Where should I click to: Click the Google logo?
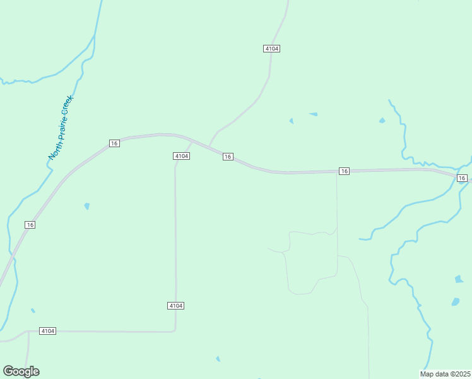pyautogui.click(x=21, y=371)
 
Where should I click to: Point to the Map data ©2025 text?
pyautogui.click(x=445, y=374)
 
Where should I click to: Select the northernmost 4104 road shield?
pyautogui.click(x=272, y=49)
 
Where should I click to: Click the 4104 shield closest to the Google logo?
pyautogui.click(x=47, y=331)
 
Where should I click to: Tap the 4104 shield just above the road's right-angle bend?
pyautogui.click(x=176, y=306)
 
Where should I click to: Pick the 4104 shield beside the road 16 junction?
pyautogui.click(x=181, y=156)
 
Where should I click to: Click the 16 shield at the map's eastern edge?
pyautogui.click(x=463, y=178)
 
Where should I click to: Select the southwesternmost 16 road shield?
pyautogui.click(x=30, y=225)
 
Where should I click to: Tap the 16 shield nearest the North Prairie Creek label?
pyautogui.click(x=114, y=143)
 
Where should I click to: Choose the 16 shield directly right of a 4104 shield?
pyautogui.click(x=228, y=157)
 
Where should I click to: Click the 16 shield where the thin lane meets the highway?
pyautogui.click(x=344, y=171)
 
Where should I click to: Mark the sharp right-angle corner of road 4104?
pyautogui.click(x=175, y=330)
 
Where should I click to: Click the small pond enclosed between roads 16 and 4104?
pyautogui.click(x=86, y=206)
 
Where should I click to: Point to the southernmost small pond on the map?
pyautogui.click(x=218, y=359)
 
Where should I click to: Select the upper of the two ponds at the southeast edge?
pyautogui.click(x=459, y=279)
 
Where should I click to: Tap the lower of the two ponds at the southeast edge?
pyautogui.click(x=456, y=302)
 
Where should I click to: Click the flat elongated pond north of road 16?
pyautogui.click(x=314, y=114)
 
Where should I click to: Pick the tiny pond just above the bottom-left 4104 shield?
pyautogui.click(x=33, y=310)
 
